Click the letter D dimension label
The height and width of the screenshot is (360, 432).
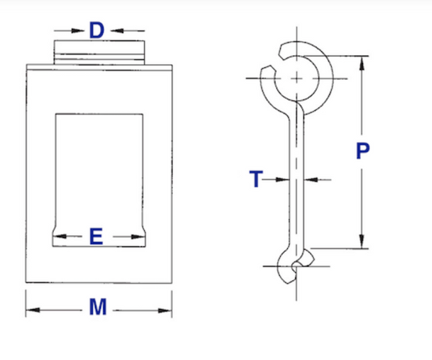(97, 30)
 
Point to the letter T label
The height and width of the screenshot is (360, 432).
(256, 179)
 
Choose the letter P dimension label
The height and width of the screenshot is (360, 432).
(363, 152)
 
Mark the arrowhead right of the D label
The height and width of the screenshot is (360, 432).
(117, 30)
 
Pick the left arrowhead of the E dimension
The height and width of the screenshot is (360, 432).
(60, 236)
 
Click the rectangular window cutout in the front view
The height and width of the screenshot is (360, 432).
(99, 173)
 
